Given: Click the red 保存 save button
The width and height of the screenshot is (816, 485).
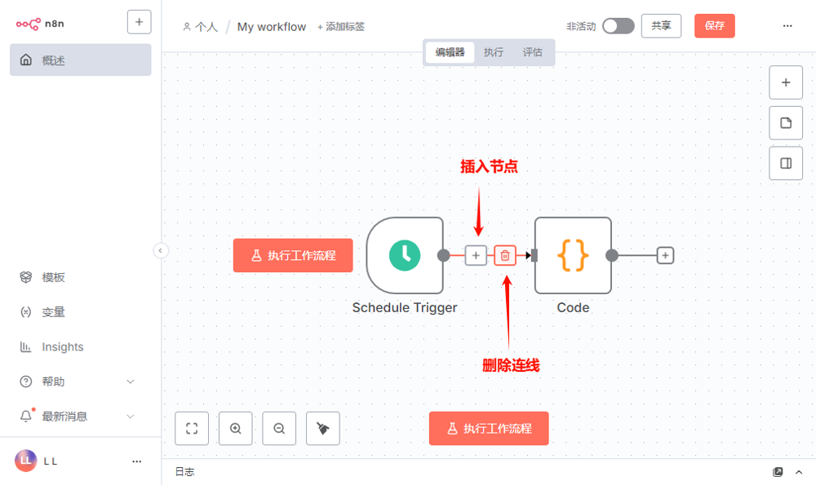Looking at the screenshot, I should point(714,26).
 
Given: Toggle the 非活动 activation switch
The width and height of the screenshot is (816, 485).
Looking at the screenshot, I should point(618,26).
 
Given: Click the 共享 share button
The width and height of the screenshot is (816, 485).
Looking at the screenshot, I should point(661,26).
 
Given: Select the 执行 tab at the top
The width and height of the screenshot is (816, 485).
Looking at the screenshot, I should point(493,52).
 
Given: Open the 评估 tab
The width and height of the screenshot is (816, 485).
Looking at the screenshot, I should point(532,52).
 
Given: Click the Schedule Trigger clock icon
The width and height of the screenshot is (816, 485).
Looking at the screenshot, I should point(405,255).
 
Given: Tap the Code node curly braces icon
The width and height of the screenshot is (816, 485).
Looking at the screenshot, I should point(573,255).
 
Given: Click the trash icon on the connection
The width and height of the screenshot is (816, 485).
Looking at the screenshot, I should point(505,255).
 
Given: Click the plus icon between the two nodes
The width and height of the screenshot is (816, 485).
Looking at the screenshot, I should point(476,255).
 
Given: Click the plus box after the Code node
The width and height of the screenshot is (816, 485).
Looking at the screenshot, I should point(665,255).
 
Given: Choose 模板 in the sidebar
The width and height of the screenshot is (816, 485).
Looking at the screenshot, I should point(53,277).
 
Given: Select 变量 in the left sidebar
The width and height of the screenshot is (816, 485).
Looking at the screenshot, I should point(53,312).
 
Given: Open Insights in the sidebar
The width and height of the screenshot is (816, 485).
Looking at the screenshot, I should point(62,347).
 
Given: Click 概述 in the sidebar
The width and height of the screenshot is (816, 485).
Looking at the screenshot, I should point(53,60).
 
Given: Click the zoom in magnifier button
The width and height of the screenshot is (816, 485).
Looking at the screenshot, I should point(236,428).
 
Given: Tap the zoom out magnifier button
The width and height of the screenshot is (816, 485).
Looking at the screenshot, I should point(279,428).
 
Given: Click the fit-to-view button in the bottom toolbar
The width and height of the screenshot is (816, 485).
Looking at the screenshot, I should point(192,428).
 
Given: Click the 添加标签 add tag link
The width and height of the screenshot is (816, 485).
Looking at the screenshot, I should point(341,27).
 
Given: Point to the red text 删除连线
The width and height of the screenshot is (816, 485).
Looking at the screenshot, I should point(511,365).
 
